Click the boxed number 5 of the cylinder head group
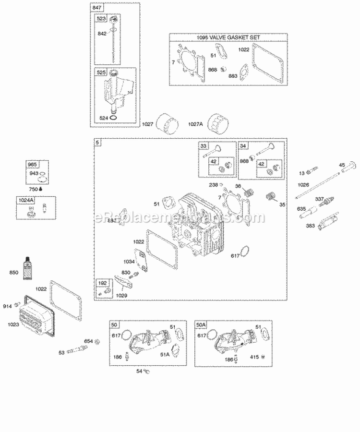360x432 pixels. click(x=97, y=143)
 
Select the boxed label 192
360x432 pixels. click(x=102, y=283)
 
